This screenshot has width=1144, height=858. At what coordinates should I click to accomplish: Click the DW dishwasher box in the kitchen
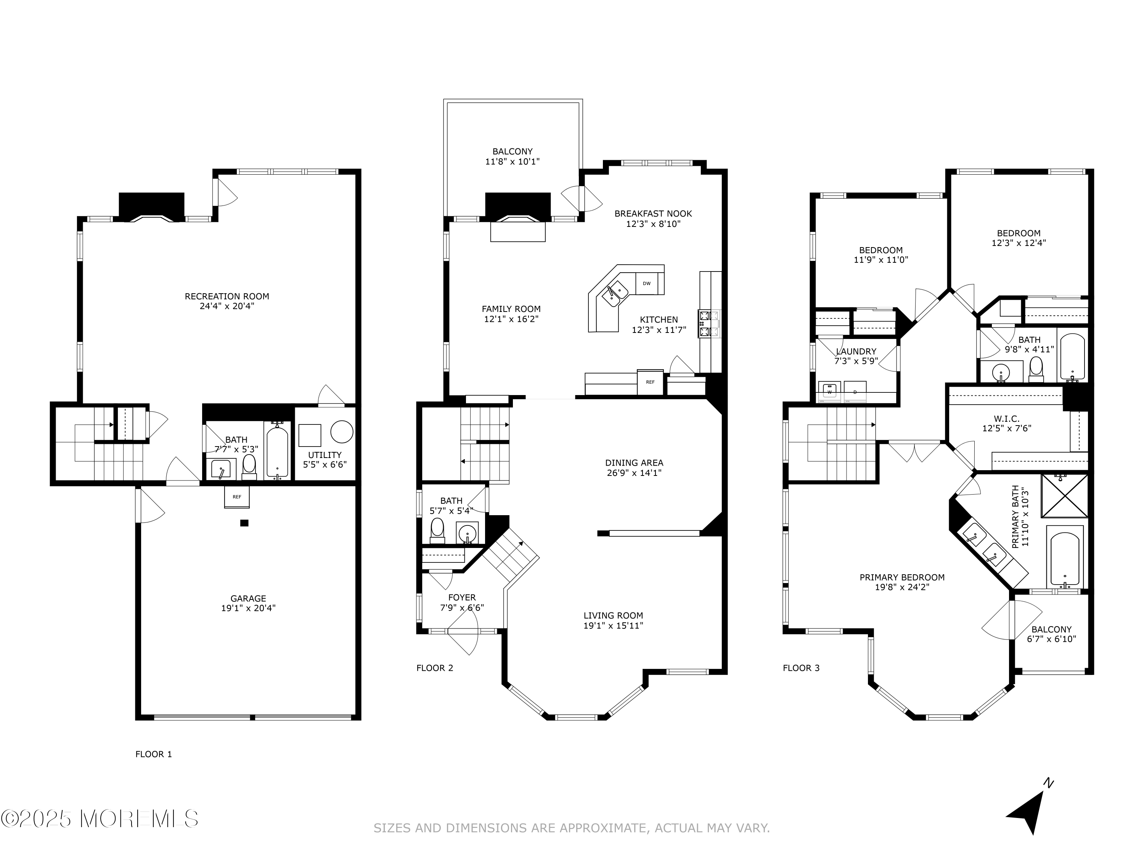coord(646,283)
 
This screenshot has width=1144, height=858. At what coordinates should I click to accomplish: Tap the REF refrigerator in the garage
coord(237,497)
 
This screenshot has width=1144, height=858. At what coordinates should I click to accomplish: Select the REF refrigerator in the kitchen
coord(650,382)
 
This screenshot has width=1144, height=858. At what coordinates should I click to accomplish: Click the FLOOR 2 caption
coord(434,668)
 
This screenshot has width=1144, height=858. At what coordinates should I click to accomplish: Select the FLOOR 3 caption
coord(801,668)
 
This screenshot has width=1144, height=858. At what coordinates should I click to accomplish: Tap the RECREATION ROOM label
coord(227,296)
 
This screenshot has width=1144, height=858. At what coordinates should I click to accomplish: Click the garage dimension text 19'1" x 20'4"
coord(248,608)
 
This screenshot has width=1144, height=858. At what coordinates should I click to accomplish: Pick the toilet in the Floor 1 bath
coord(249,467)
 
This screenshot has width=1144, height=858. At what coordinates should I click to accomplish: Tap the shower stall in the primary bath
coord(1065,495)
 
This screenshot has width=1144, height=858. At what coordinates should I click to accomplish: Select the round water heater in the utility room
coord(342,432)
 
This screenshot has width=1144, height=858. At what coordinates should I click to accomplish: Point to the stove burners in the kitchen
coord(709,324)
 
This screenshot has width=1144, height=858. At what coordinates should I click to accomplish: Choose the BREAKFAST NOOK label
coord(653,214)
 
